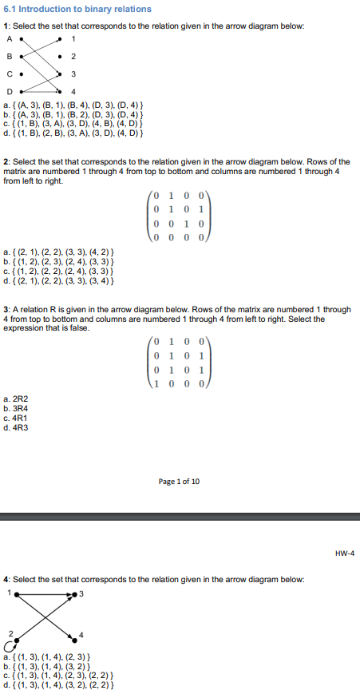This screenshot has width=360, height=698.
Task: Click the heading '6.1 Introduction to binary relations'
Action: (x=77, y=10)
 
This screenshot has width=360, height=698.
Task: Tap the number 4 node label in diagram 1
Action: (x=73, y=90)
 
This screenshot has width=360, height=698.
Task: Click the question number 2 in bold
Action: (x=6, y=162)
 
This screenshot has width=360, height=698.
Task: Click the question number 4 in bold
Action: (x=6, y=578)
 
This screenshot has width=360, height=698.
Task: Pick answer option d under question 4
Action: (x=65, y=685)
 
